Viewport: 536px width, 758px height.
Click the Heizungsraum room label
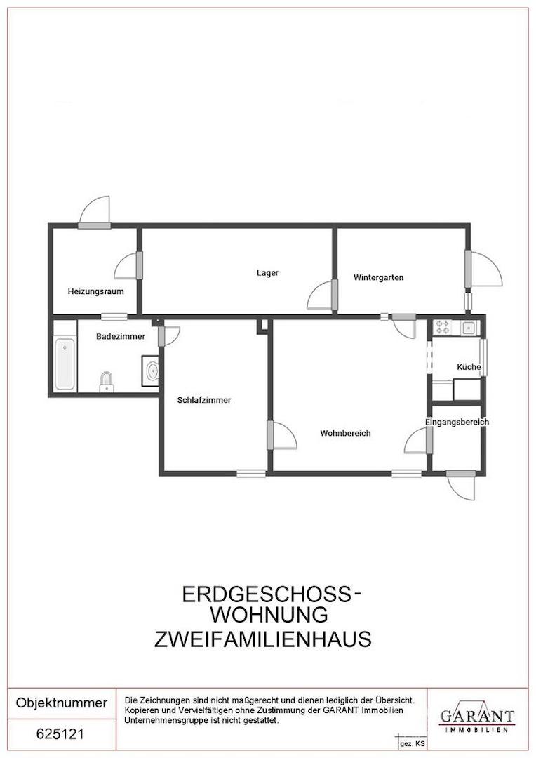95,291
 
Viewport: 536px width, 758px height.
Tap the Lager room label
267,273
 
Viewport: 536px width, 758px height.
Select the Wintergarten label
378,277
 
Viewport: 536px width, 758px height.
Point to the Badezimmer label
121,336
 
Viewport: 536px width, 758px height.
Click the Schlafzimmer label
204,400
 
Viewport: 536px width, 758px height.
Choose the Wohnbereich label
345,433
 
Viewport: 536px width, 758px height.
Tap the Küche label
469,366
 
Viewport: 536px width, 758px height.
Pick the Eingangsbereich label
457,422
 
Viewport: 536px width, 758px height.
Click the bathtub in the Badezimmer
65,364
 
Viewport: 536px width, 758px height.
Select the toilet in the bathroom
106,380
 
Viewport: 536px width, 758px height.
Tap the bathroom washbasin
152,371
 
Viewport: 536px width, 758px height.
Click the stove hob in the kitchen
443,326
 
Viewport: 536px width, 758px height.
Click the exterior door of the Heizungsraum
95,213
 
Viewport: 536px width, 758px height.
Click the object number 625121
60,734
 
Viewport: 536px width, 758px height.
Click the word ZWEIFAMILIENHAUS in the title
262,639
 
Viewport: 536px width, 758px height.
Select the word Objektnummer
62,703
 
